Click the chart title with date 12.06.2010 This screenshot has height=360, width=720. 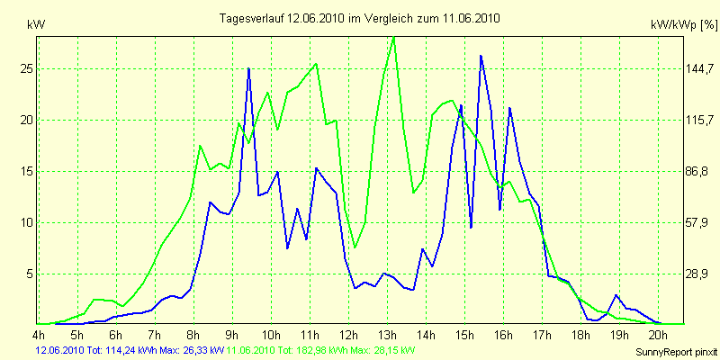[x=360, y=17]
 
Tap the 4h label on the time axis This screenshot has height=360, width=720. [x=39, y=335]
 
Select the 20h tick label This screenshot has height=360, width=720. [x=658, y=335]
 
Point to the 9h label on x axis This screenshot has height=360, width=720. [x=232, y=335]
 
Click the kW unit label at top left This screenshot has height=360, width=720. [x=37, y=25]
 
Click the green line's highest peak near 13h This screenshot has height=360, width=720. [x=393, y=37]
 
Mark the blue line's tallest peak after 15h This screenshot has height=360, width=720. [x=481, y=56]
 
